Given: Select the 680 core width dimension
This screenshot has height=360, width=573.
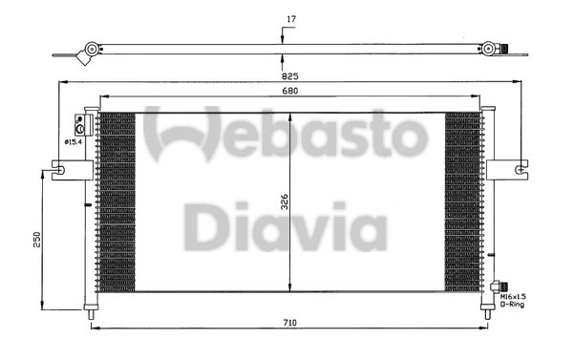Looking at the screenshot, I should [x=287, y=93].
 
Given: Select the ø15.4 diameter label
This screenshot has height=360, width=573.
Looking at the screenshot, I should [x=74, y=141].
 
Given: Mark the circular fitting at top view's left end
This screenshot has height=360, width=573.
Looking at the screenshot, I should [x=90, y=48].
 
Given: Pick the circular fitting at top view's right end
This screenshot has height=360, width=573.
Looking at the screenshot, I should [x=489, y=48].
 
